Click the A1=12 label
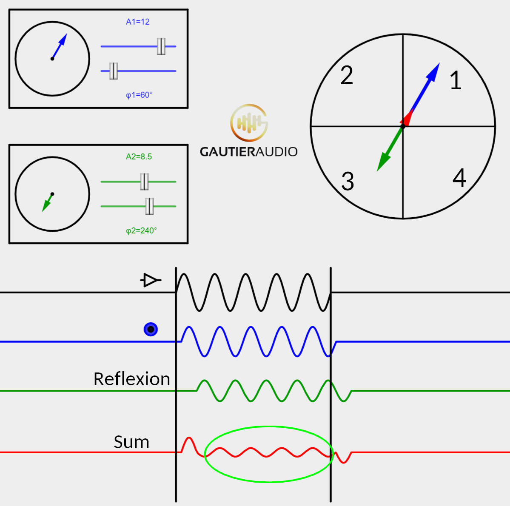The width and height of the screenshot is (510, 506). pyautogui.click(x=137, y=22)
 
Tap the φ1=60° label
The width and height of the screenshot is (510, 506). pyautogui.click(x=139, y=95)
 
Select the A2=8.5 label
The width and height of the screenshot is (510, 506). pyautogui.click(x=139, y=156)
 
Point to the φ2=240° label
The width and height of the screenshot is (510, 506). pyautogui.click(x=141, y=230)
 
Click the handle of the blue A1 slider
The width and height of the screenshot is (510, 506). pyautogui.click(x=161, y=46)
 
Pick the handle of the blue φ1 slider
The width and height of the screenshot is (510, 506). pyautogui.click(x=114, y=71)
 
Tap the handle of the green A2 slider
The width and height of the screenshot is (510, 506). pyautogui.click(x=145, y=182)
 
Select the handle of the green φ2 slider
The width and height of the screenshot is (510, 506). pyautogui.click(x=149, y=206)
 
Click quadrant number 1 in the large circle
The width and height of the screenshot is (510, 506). pyautogui.click(x=456, y=80)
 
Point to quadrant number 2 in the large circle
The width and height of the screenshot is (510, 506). pyautogui.click(x=347, y=76)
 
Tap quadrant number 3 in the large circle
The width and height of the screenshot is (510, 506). pyautogui.click(x=348, y=182)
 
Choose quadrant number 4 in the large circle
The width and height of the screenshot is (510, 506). pyautogui.click(x=459, y=178)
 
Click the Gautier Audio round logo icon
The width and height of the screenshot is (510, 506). pyautogui.click(x=249, y=123)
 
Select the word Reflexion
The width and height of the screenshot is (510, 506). pyautogui.click(x=131, y=379)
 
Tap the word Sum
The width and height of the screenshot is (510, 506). pyautogui.click(x=131, y=442)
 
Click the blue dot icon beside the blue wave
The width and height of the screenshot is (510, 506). pyautogui.click(x=151, y=329)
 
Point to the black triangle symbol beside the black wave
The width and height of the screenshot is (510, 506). pyautogui.click(x=150, y=280)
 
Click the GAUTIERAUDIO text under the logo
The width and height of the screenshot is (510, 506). pyautogui.click(x=249, y=152)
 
